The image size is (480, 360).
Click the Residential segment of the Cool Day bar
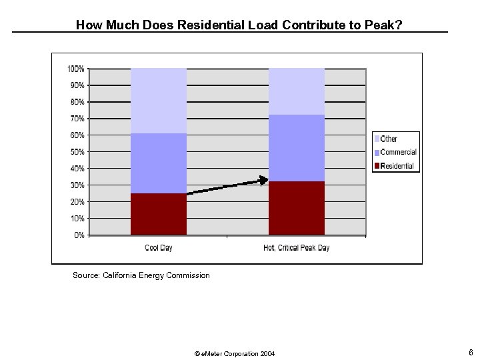[159, 214]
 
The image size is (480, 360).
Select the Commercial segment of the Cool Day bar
[159, 163]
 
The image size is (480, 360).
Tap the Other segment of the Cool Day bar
[159, 101]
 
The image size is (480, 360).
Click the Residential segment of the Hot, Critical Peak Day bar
[296, 208]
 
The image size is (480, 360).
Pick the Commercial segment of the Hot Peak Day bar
[296, 148]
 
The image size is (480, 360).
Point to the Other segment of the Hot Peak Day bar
[296, 91]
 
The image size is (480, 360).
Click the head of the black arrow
[263, 179]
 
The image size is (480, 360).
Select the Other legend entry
[389, 139]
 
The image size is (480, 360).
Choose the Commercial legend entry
[398, 152]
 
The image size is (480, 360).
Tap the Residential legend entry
[397, 166]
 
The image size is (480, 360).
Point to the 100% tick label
[75, 69]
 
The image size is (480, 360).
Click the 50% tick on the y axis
[77, 152]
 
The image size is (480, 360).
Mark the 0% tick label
[79, 235]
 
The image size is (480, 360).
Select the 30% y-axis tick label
[77, 185]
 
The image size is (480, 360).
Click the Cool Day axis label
[159, 248]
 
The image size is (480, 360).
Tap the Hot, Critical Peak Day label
[296, 248]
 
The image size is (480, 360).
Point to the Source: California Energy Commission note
[141, 275]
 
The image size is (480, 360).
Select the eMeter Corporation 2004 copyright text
[234, 353]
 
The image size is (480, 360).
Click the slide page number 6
[471, 352]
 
